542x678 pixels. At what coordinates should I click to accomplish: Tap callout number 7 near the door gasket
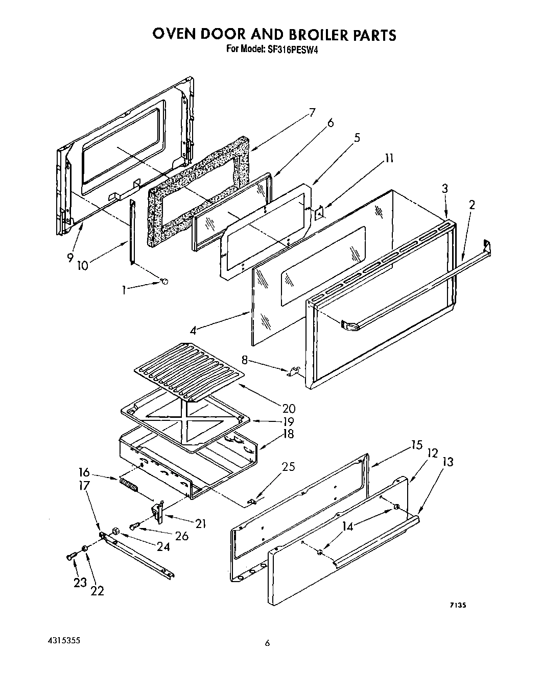[x=312, y=113]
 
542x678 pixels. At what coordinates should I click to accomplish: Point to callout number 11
[x=389, y=158]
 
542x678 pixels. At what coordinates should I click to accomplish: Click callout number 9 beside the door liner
[x=70, y=258]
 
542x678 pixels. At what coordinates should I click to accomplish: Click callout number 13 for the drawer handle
[x=447, y=462]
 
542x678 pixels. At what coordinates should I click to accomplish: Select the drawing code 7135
[x=458, y=605]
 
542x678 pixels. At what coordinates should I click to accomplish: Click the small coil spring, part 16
[x=129, y=484]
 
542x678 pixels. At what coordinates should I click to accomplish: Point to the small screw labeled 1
[x=164, y=281]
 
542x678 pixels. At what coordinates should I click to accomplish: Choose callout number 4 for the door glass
[x=193, y=330]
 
